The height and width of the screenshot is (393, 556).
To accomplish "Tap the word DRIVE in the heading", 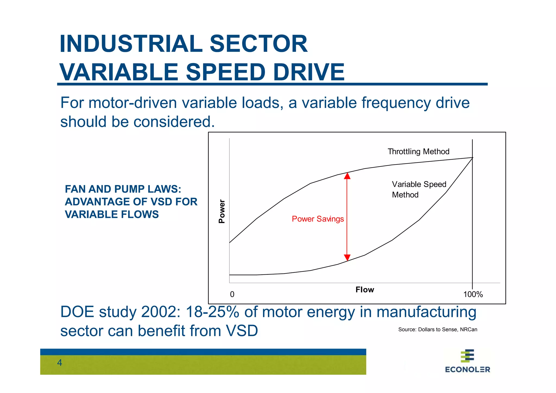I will tap(309, 72).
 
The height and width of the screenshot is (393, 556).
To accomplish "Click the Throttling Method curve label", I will tap(418, 151).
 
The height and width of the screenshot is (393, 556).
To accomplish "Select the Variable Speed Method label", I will tap(419, 189).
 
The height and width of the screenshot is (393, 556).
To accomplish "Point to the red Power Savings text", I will tap(318, 219).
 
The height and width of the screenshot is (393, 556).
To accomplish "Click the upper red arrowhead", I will tap(347, 176).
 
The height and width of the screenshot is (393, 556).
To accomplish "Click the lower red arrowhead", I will tap(347, 258).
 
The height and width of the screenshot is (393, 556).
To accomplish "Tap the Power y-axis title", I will tap(222, 211).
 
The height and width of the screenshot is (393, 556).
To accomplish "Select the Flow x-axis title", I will tap(365, 290).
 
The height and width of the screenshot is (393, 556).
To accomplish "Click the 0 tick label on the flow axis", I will tap(232, 294).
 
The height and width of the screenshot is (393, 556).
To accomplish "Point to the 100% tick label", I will tap(473, 294).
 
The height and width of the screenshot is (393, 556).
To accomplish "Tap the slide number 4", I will tap(59, 363).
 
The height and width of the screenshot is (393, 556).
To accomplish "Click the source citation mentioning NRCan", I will tap(437, 329).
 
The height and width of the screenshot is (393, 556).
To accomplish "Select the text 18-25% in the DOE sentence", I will tap(212, 312).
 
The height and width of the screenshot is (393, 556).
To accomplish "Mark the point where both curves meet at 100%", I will tap(472, 158).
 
